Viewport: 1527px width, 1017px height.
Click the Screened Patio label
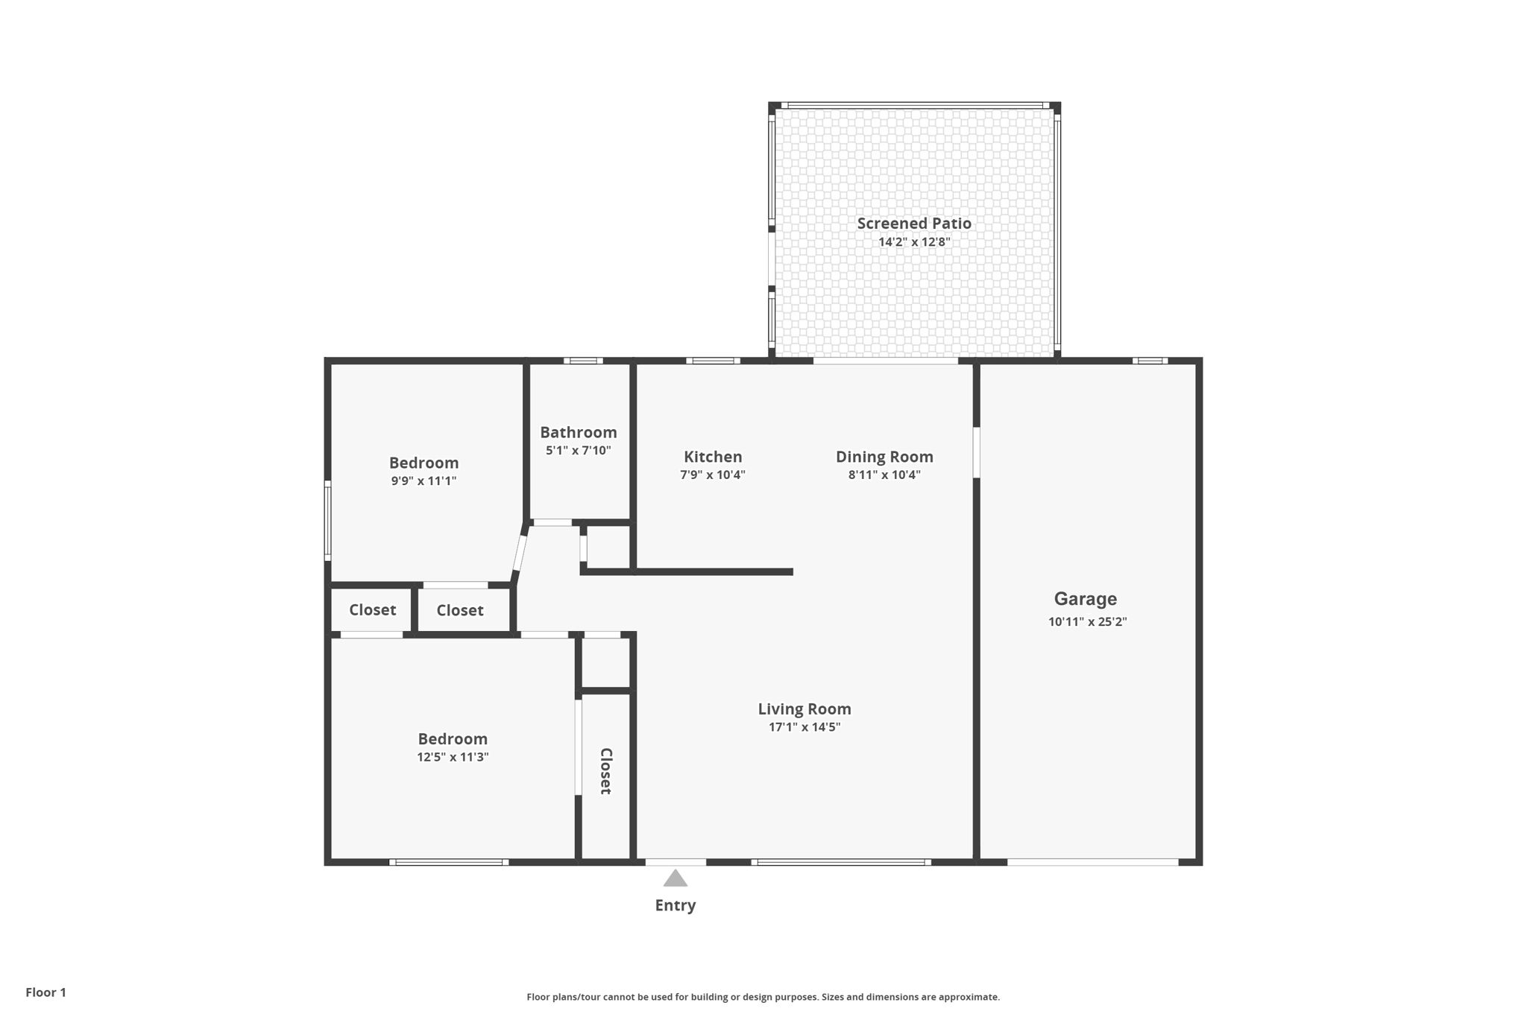coord(913,223)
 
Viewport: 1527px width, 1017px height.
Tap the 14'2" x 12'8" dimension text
coord(913,242)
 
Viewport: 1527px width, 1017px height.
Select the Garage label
coord(1085,599)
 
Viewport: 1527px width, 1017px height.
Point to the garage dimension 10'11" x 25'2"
coord(1087,622)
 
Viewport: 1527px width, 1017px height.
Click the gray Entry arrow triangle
coord(675,878)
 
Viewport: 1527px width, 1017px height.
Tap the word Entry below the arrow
coord(675,905)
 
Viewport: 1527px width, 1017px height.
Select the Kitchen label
coord(713,457)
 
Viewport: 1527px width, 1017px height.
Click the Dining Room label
coord(884,457)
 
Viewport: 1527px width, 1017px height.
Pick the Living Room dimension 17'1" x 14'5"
coord(805,727)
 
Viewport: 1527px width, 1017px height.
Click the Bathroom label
coord(578,432)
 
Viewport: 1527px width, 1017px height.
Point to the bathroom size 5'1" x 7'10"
coord(578,451)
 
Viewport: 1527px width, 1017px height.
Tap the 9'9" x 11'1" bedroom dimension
coord(424,481)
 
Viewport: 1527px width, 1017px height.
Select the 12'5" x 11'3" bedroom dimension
coord(453,757)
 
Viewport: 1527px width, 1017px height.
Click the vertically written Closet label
coord(606,771)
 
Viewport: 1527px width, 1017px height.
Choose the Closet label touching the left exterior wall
coord(372,609)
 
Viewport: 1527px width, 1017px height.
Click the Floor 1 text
coord(45,992)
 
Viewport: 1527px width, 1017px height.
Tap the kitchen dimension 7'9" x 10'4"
coord(712,475)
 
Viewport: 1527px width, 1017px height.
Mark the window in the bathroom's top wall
coord(583,361)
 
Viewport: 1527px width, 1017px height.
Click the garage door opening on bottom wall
coord(1092,862)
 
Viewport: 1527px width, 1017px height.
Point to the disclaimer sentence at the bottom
coord(763,997)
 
